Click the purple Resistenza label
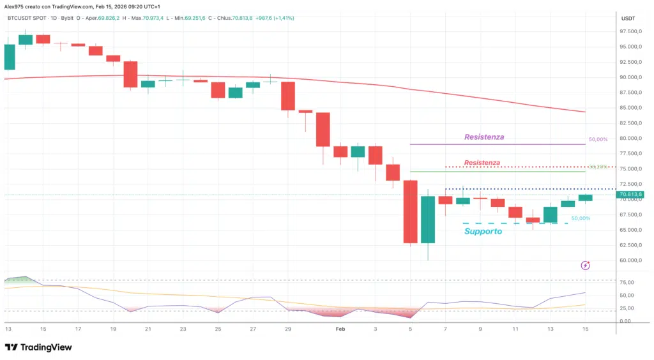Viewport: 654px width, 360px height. [484, 137]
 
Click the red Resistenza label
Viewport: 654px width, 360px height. [482, 163]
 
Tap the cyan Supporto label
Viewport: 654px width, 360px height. [483, 231]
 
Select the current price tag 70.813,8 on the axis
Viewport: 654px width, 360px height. [630, 195]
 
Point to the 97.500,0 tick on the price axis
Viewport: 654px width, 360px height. [630, 31]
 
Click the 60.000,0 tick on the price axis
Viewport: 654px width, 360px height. [630, 260]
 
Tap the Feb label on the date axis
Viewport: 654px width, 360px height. [340, 329]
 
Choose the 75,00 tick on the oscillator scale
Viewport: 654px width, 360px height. [627, 282]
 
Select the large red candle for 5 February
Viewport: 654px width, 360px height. [411, 211]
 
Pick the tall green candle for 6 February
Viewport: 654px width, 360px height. [428, 219]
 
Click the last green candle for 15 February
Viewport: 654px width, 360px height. [585, 198]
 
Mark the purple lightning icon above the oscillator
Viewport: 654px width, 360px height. [585, 265]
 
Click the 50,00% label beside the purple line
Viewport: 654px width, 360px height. [597, 139]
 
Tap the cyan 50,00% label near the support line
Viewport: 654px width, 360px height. [581, 218]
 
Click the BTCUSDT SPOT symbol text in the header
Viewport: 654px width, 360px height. [28, 19]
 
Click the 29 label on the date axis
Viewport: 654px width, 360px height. [287, 329]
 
